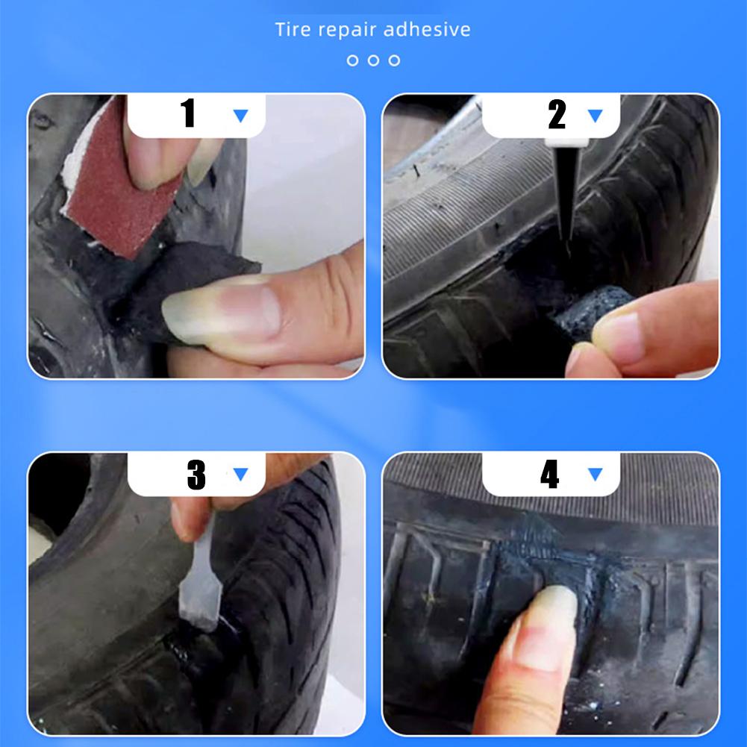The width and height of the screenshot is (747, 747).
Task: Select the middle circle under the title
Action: tap(373, 60)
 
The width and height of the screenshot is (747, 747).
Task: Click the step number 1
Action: tap(188, 114)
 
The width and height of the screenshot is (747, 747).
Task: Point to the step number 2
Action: tap(557, 114)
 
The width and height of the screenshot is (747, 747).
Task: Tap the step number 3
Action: tap(196, 475)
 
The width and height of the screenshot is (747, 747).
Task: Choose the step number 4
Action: tap(550, 475)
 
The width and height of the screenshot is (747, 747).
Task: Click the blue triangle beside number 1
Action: tap(240, 116)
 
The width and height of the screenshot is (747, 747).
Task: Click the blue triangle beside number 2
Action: tap(595, 116)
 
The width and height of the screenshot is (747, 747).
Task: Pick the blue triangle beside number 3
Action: tap(240, 475)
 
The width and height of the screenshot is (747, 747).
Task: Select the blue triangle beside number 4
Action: tap(595, 475)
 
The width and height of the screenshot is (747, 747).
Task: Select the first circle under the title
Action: tap(352, 60)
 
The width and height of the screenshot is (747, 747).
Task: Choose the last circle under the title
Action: tap(394, 60)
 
